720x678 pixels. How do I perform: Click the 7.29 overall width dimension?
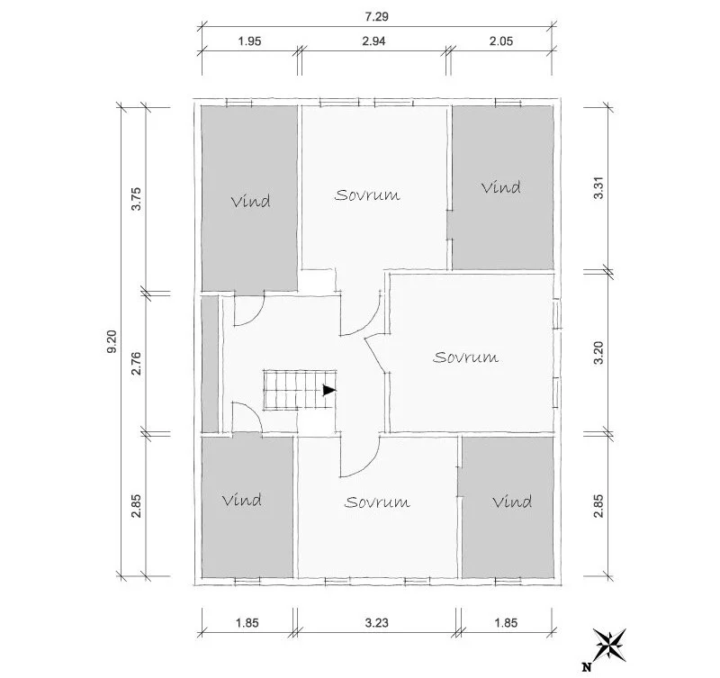coord(376,17)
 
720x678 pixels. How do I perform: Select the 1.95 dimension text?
coord(249,41)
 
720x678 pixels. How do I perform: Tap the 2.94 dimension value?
coord(374,41)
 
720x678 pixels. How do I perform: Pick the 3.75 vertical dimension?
coord(136,198)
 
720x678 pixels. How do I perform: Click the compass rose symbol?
coord(613,643)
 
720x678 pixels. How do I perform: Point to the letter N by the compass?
coord(587,666)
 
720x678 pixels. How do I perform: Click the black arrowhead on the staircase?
coord(328,390)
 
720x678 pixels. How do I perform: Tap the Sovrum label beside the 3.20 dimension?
coord(465,357)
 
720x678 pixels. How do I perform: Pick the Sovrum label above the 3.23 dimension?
coord(377,502)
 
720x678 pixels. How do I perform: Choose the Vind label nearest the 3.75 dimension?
coord(250,201)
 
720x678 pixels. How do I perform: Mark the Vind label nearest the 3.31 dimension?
coord(500,187)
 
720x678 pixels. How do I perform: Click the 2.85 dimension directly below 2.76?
coord(136,509)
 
